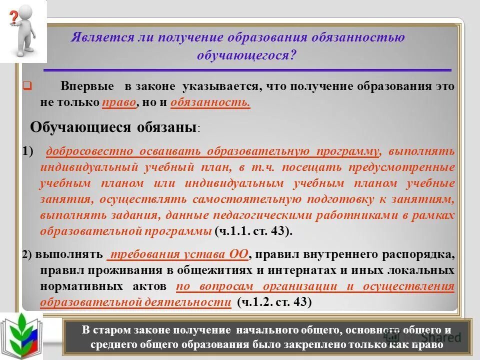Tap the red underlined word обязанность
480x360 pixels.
(210, 102)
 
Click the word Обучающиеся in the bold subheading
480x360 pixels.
(80, 127)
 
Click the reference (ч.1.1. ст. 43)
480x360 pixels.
(253, 231)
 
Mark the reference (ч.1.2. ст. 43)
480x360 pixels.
(274, 302)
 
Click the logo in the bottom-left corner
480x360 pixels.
(21, 336)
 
